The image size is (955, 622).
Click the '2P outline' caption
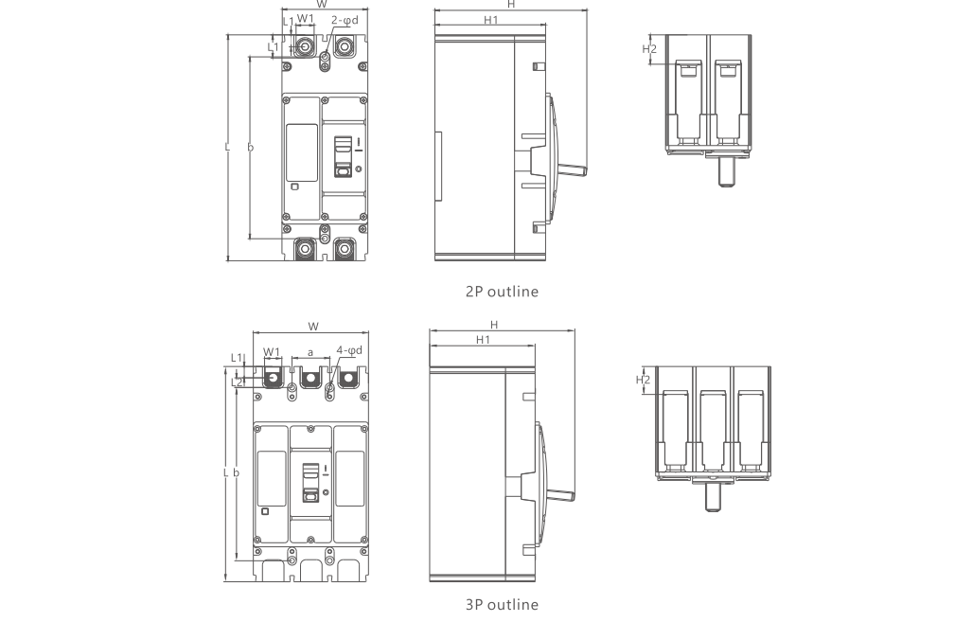(x=501, y=292)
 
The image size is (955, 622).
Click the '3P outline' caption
(x=501, y=604)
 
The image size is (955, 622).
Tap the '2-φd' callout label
(x=345, y=19)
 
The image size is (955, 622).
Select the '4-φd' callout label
(x=349, y=351)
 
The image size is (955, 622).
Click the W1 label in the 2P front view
(x=305, y=19)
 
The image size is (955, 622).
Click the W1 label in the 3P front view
(x=272, y=351)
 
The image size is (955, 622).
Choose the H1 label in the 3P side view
(x=483, y=339)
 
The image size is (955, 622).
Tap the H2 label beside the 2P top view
(x=649, y=49)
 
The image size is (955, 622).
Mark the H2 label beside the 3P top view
(x=643, y=380)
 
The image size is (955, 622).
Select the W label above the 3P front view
(x=312, y=327)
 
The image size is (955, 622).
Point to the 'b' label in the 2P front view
(x=250, y=148)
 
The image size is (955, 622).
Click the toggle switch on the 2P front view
(x=344, y=157)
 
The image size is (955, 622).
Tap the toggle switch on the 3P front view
(x=309, y=482)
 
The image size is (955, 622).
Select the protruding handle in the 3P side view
(x=559, y=495)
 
